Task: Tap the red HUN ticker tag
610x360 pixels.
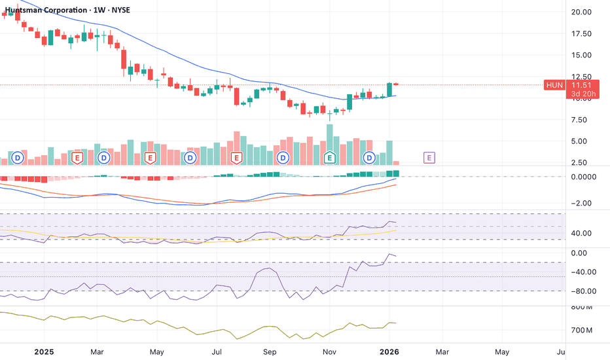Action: click(x=554, y=85)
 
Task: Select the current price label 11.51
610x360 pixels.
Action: click(x=579, y=85)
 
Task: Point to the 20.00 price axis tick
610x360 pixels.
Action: click(x=581, y=12)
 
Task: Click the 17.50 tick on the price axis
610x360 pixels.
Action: click(x=581, y=33)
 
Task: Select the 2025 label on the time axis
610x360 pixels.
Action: click(x=45, y=351)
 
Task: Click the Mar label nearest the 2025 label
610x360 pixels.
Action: click(x=97, y=351)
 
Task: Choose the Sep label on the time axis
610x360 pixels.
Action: click(x=270, y=351)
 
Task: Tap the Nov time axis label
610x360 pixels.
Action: click(x=329, y=351)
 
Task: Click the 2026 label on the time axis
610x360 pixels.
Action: click(x=390, y=351)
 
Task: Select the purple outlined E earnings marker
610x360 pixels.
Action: click(x=429, y=158)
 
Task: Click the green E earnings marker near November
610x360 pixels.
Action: click(x=330, y=158)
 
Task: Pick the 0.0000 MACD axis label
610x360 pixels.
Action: click(x=584, y=177)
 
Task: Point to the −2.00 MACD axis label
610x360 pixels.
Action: click(x=581, y=203)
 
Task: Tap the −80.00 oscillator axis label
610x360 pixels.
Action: click(x=581, y=291)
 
